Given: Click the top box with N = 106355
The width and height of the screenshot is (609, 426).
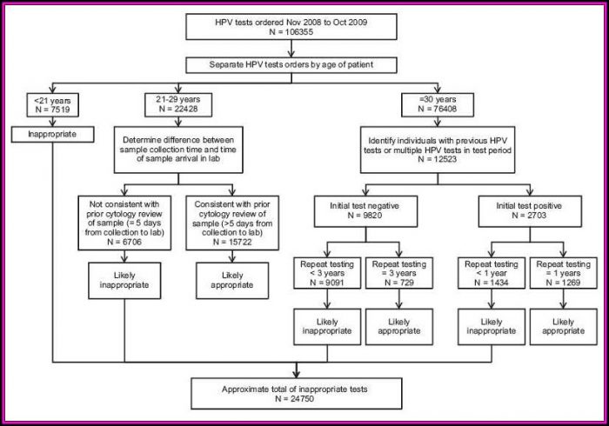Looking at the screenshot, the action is tap(291, 27).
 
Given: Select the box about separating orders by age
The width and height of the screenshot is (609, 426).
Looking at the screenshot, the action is tap(291, 65).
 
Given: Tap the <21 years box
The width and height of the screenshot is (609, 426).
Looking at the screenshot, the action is tap(53, 104).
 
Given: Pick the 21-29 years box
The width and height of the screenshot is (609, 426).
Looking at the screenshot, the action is tap(178, 104).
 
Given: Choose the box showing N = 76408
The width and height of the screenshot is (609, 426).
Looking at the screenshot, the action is tap(438, 104).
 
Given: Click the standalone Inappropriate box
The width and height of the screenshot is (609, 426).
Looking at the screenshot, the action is tap(52, 135).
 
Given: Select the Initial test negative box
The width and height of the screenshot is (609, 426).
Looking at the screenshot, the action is tap(365, 211).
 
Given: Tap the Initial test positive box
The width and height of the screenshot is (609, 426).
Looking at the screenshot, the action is tap(530, 211).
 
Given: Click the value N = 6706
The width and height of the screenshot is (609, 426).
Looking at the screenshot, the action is tap(124, 242).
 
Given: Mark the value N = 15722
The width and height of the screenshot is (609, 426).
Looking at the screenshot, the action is tap(232, 242).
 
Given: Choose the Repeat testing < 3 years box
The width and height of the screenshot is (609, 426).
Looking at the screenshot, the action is tap(327, 273).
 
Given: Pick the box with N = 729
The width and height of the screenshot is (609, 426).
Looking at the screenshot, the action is tap(399, 273).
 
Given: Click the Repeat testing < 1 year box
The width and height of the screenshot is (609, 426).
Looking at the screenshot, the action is tap(492, 273).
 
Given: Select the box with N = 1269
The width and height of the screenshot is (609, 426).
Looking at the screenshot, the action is tap(564, 273).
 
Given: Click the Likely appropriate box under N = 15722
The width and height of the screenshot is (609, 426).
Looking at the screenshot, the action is tap(232, 281).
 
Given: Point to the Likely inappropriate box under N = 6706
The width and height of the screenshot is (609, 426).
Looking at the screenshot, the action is tap(124, 281).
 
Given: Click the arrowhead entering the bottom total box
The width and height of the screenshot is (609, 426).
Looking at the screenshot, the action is tap(297, 375).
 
